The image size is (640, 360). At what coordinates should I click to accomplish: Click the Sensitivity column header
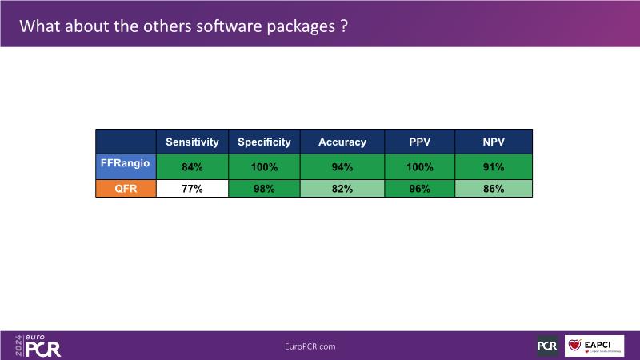click(x=192, y=142)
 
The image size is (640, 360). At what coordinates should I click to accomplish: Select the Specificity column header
click(x=264, y=142)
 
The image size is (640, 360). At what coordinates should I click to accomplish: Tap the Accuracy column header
click(x=342, y=142)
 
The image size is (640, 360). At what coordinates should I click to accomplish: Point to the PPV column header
click(x=419, y=142)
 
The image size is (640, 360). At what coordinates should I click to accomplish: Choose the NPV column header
click(x=494, y=142)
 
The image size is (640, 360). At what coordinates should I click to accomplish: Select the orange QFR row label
click(x=126, y=190)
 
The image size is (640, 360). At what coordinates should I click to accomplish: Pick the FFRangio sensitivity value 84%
click(x=192, y=168)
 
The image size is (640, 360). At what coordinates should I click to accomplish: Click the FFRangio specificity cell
click(x=264, y=168)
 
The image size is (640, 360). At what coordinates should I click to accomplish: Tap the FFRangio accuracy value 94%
click(x=342, y=168)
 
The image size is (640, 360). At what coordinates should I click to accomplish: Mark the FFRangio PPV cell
click(x=419, y=168)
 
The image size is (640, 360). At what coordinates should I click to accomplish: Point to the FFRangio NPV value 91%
click(x=494, y=168)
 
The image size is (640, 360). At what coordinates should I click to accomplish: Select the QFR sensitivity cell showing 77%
click(x=192, y=190)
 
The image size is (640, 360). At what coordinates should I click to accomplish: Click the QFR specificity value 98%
click(x=264, y=190)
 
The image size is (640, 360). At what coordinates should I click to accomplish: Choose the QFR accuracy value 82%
click(x=342, y=190)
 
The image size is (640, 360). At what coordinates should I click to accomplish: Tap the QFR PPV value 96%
click(x=419, y=190)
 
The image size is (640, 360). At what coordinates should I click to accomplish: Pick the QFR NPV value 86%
click(x=494, y=190)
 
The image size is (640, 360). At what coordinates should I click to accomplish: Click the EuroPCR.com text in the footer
click(x=310, y=346)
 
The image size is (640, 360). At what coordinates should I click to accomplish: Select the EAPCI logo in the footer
click(x=594, y=346)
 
